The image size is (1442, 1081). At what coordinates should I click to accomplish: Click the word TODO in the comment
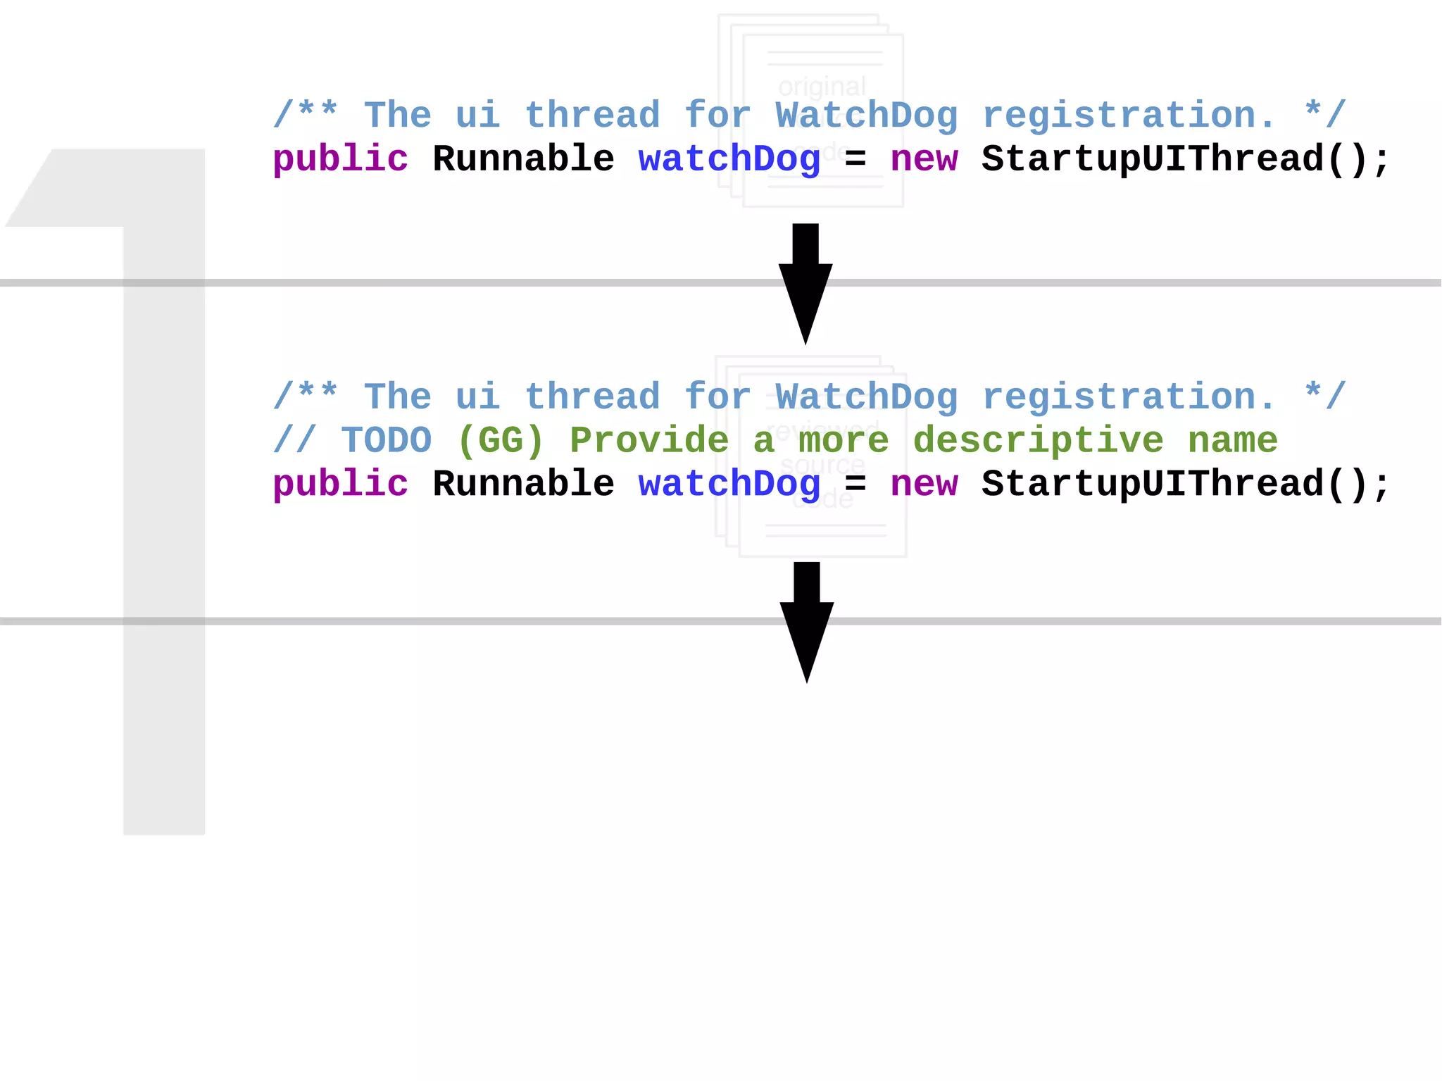(x=387, y=441)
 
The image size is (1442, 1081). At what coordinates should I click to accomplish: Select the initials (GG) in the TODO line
(x=501, y=441)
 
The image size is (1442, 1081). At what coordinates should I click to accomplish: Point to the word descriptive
(x=1039, y=441)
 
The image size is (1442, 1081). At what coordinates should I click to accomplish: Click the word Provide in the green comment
(x=649, y=441)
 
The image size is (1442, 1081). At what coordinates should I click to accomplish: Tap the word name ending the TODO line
(x=1233, y=441)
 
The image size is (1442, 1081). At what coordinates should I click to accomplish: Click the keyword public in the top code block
(x=340, y=159)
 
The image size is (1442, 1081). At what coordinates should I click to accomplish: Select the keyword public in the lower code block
(x=340, y=485)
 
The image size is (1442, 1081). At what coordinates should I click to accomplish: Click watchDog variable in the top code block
(x=729, y=159)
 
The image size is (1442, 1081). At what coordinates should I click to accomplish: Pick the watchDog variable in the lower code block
(x=729, y=485)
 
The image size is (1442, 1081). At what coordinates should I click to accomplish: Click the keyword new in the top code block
(x=924, y=159)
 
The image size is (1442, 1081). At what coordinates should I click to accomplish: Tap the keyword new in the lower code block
(x=924, y=485)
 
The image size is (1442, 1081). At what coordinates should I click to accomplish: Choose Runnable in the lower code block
(x=523, y=485)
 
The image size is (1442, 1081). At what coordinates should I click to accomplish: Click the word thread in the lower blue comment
(x=593, y=397)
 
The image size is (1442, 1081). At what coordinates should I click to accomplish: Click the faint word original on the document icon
(x=822, y=87)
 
